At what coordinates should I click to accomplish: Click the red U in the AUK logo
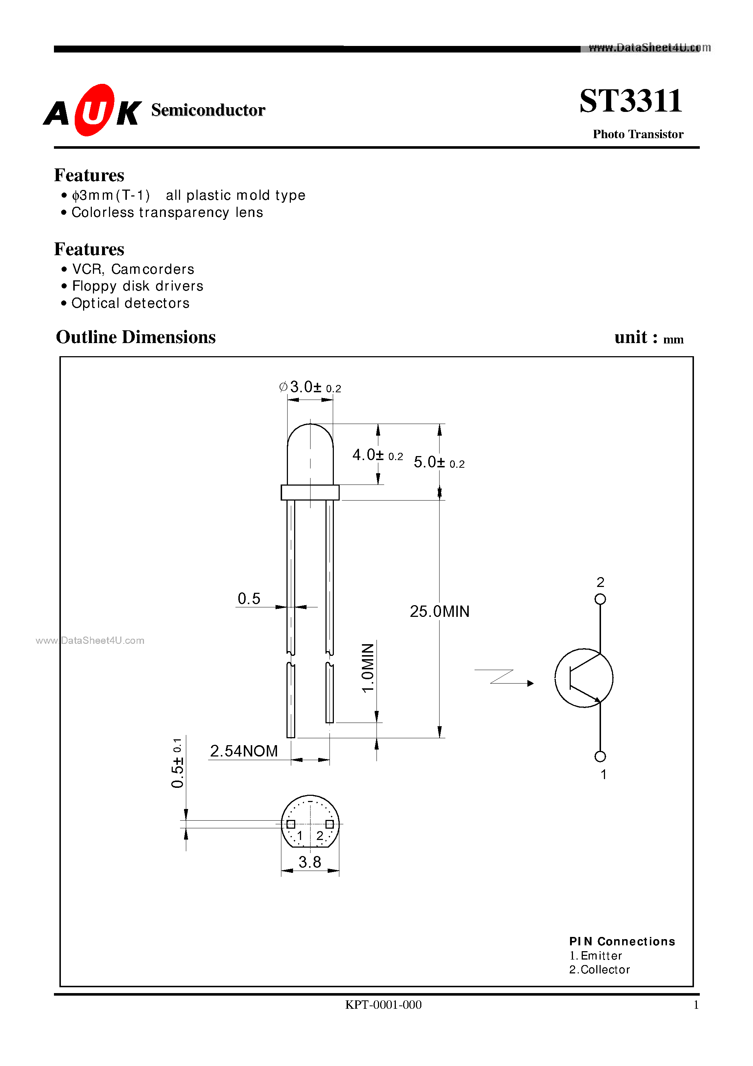(94, 110)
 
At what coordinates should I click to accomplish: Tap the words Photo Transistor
(637, 134)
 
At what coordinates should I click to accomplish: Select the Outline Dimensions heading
(136, 337)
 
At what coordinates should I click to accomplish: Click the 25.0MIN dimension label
(439, 611)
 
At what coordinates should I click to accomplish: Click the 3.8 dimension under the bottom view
(310, 862)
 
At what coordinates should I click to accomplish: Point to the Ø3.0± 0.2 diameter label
(310, 387)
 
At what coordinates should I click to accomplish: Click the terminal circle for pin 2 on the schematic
(600, 599)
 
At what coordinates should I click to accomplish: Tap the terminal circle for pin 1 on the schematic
(600, 756)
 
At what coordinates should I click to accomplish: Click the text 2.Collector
(599, 969)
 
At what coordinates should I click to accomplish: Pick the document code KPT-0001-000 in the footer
(383, 1005)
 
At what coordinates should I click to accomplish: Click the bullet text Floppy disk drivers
(137, 286)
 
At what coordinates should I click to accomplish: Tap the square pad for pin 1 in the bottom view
(290, 824)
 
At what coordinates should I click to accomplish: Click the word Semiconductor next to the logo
(208, 110)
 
